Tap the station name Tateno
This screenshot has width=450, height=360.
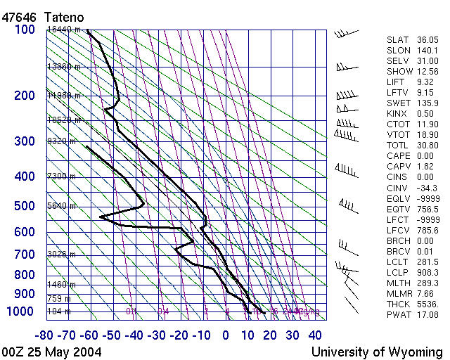point(65,15)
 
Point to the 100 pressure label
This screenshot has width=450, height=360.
point(25,30)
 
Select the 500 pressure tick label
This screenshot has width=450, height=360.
point(25,206)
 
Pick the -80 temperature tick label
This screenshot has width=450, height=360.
point(46,335)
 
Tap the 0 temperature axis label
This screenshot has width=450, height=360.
point(226,335)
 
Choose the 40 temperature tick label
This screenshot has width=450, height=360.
point(314,335)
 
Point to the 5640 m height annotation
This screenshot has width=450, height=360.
point(61,206)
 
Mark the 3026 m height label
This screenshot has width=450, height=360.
point(61,254)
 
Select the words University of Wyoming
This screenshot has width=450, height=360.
point(376,352)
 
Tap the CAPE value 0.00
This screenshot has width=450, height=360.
point(428,155)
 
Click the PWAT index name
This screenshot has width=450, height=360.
point(399,314)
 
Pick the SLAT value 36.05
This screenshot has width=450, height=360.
point(428,40)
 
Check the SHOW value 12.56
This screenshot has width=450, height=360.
point(428,72)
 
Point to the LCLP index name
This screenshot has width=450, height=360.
point(399,272)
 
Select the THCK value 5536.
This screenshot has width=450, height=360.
point(428,304)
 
